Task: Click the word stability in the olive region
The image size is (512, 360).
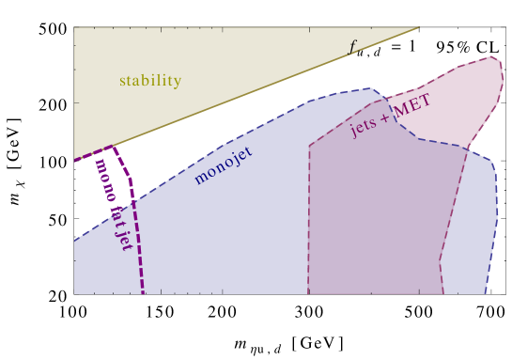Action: (149, 81)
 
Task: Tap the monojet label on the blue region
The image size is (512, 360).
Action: (223, 164)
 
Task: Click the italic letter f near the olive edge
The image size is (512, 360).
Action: (352, 46)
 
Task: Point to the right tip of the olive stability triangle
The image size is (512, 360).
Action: (419, 27)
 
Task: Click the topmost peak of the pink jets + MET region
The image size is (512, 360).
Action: (491, 56)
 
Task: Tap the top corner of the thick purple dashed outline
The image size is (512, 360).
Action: (113, 147)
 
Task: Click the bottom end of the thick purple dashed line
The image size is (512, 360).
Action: (143, 292)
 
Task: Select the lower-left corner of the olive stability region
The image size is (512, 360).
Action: (75, 159)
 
